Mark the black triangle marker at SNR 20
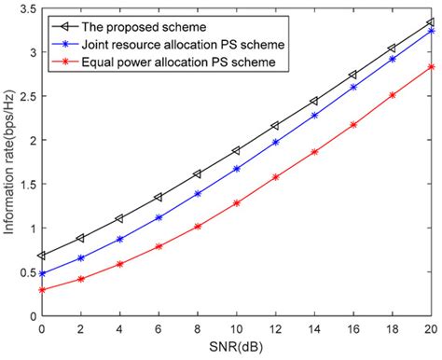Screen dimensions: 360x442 [x=430, y=21]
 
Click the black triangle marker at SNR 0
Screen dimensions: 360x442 [x=41, y=256]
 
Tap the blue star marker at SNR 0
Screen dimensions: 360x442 [x=41, y=274]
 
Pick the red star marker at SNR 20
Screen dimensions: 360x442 [x=430, y=66]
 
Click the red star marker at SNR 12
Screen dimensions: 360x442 [x=275, y=176]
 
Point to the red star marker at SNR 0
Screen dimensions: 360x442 [x=41, y=290]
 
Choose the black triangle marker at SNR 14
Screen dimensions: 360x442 [x=313, y=101]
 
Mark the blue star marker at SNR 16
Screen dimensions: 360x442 [x=352, y=87]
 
